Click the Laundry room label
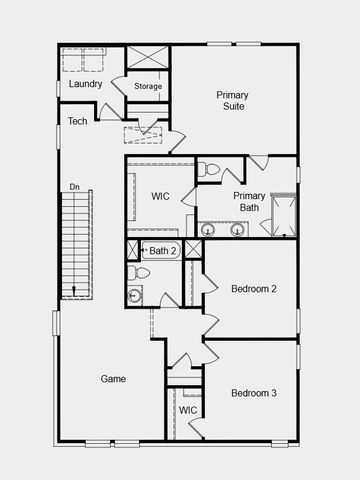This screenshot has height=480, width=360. click(x=85, y=84)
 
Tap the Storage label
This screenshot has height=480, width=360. click(x=148, y=87)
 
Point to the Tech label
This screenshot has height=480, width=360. click(x=77, y=121)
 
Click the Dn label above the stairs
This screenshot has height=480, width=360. click(x=74, y=187)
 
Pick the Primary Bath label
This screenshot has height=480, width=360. click(x=249, y=202)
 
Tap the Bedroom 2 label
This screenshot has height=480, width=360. click(x=253, y=289)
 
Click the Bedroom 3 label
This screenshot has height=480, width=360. click(x=253, y=393)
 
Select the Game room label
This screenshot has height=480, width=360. click(x=113, y=379)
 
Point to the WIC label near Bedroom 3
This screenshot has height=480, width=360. click(x=188, y=410)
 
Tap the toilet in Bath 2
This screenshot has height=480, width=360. click(x=138, y=272)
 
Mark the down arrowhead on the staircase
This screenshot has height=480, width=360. click(x=74, y=292)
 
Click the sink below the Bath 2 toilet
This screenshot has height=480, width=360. click(x=135, y=294)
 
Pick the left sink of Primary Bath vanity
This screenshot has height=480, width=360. click(x=209, y=228)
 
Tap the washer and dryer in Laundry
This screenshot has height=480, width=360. click(x=84, y=60)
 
